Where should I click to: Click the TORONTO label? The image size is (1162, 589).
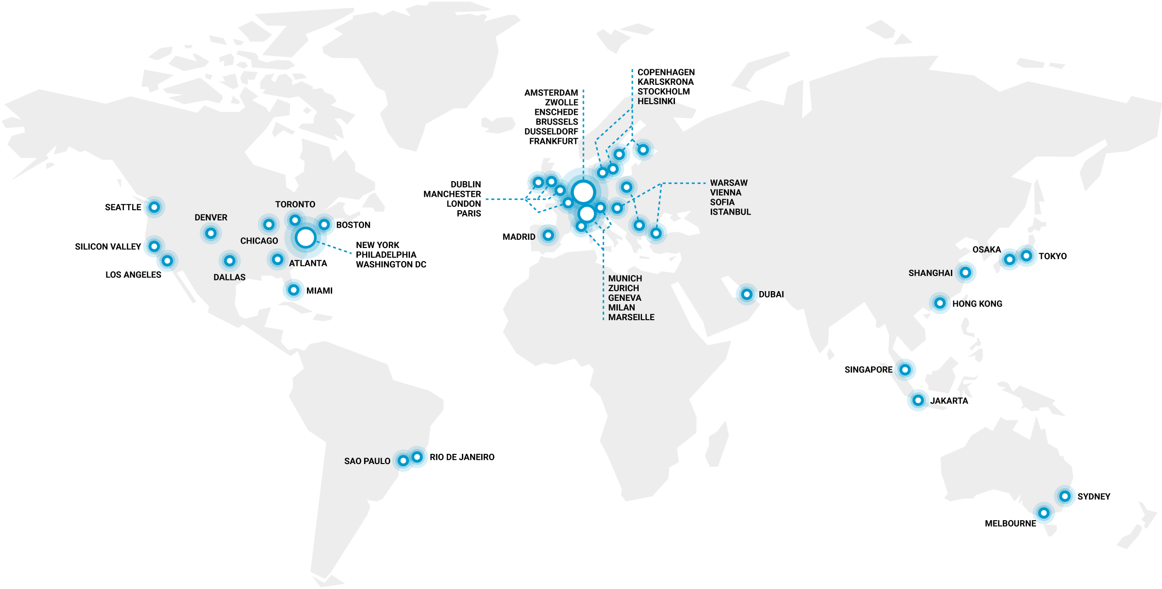[295, 204]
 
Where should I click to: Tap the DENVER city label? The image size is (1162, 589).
[211, 217]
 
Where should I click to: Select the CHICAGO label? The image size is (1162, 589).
[259, 241]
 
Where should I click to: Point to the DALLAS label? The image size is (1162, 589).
[229, 277]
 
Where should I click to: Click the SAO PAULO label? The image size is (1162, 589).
[367, 461]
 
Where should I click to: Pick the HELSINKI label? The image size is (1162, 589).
[656, 101]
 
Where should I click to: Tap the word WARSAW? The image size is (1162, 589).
[729, 183]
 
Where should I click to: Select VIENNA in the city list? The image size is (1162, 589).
[725, 192]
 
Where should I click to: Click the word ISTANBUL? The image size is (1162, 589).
[730, 212]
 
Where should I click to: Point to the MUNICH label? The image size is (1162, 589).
[625, 279]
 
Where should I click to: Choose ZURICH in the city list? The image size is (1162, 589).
[624, 288]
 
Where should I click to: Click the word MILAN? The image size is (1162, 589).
[622, 308]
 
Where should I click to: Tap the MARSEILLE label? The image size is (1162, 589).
[631, 317]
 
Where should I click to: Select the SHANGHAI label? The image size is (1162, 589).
[930, 273]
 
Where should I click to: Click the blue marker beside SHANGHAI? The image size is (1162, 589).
[965, 273]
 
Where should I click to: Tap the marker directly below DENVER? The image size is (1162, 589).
[211, 233]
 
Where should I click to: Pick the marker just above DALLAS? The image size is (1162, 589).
[229, 261]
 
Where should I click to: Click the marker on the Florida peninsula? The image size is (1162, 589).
[293, 290]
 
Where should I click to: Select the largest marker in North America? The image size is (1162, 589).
[306, 238]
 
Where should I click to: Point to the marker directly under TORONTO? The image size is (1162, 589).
[295, 220]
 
